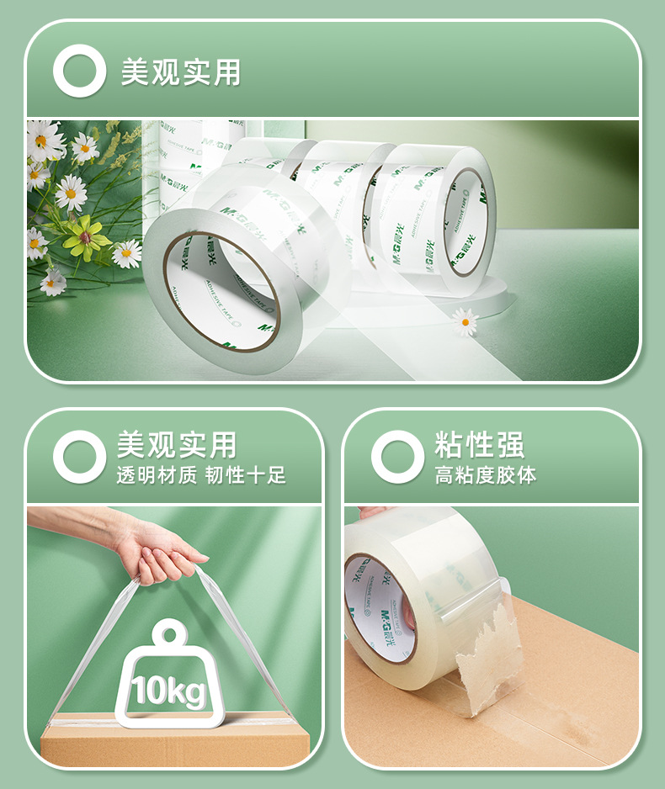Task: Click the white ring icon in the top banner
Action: point(79,71)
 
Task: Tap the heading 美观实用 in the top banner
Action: point(180,71)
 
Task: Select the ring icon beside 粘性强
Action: point(397,457)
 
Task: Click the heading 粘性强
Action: point(479,444)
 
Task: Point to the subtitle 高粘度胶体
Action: point(485,475)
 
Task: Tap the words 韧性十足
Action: point(246,475)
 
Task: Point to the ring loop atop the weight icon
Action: point(173,633)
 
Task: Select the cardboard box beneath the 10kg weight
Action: point(174,744)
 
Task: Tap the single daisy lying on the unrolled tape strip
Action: point(464,320)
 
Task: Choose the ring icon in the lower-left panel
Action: point(79,457)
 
